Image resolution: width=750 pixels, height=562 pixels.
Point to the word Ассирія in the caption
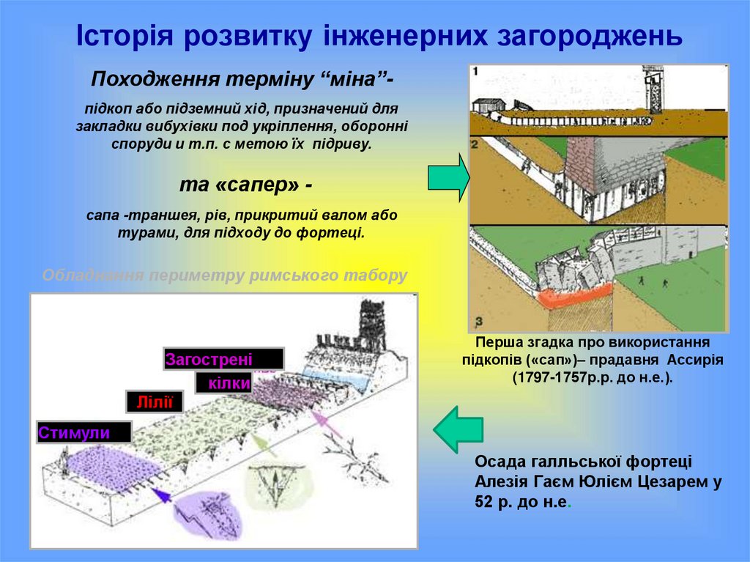click(x=694, y=361)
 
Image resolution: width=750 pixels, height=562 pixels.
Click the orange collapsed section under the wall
click(x=574, y=295)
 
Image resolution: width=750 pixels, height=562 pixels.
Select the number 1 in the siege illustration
click(x=477, y=71)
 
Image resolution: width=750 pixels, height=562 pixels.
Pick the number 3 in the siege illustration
click(x=478, y=321)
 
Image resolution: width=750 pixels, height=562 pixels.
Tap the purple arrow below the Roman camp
click(x=164, y=495)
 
